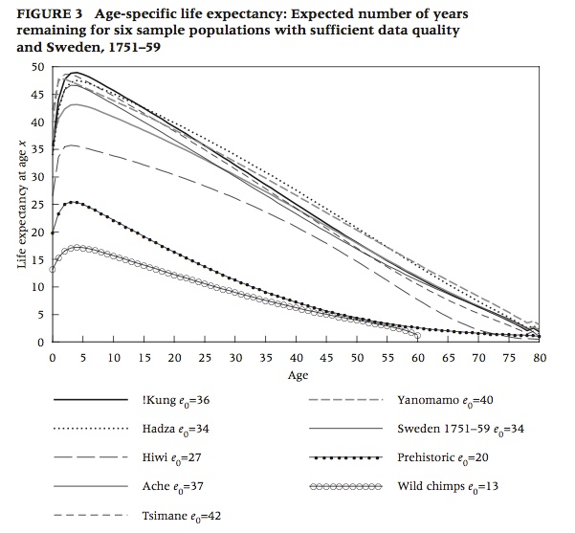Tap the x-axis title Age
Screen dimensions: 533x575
[298, 375]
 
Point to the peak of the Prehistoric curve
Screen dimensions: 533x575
[73, 202]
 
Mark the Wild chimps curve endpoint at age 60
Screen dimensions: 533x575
[418, 336]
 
